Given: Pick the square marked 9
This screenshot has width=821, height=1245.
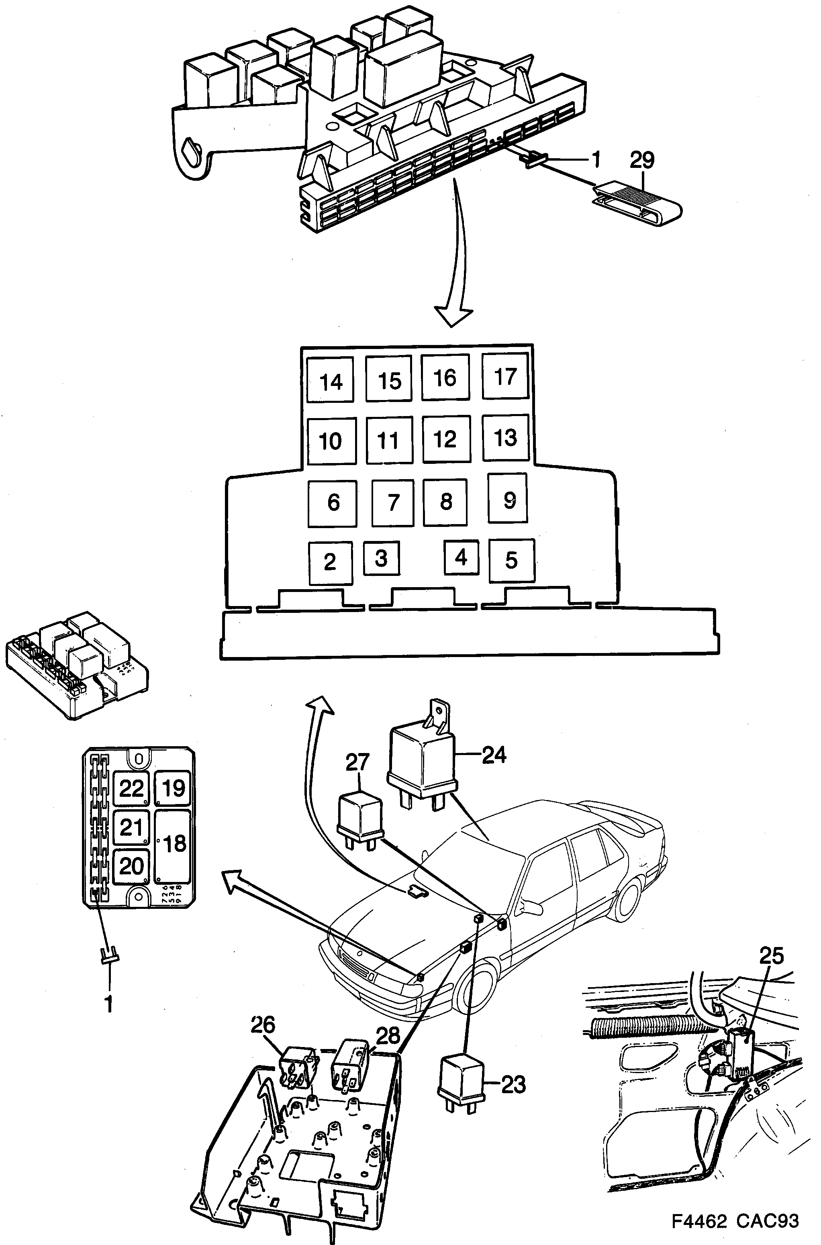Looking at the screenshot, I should tap(507, 498).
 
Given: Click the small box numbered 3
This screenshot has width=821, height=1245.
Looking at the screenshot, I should tap(381, 558).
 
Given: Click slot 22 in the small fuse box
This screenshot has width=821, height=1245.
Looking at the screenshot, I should tap(131, 788).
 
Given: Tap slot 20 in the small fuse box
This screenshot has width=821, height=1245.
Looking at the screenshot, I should tap(131, 866).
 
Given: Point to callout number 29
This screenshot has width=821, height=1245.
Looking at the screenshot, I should tap(642, 160).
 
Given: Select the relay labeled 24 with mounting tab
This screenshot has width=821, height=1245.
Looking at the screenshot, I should tap(421, 754).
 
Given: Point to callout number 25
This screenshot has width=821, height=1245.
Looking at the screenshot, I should tap(771, 956).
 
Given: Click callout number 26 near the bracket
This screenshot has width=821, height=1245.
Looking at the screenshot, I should tap(262, 1025).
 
